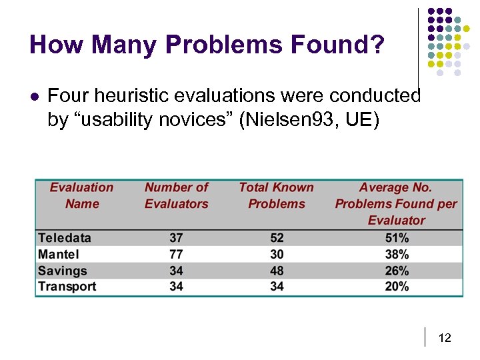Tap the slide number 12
pos(445,338)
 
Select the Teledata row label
pos(65,238)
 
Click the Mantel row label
pos(59,254)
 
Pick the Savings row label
pos(63,271)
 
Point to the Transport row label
pos(67,287)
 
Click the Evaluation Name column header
pos(81,196)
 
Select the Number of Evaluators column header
pos(177,196)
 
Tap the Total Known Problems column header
pos(276,196)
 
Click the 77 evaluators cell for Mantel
pos(177,254)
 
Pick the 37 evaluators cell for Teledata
pos(177,238)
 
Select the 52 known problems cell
pos(277,238)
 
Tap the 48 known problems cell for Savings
pos(277,271)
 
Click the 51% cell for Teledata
pos(397,238)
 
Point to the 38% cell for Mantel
pos(397,254)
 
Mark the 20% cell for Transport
pos(397,287)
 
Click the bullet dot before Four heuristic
pos(35,97)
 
